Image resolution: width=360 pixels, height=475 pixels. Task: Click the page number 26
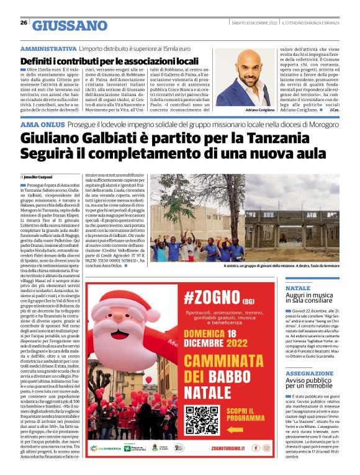(x=24, y=23)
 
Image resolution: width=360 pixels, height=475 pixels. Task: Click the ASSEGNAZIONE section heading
(x=309, y=374)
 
